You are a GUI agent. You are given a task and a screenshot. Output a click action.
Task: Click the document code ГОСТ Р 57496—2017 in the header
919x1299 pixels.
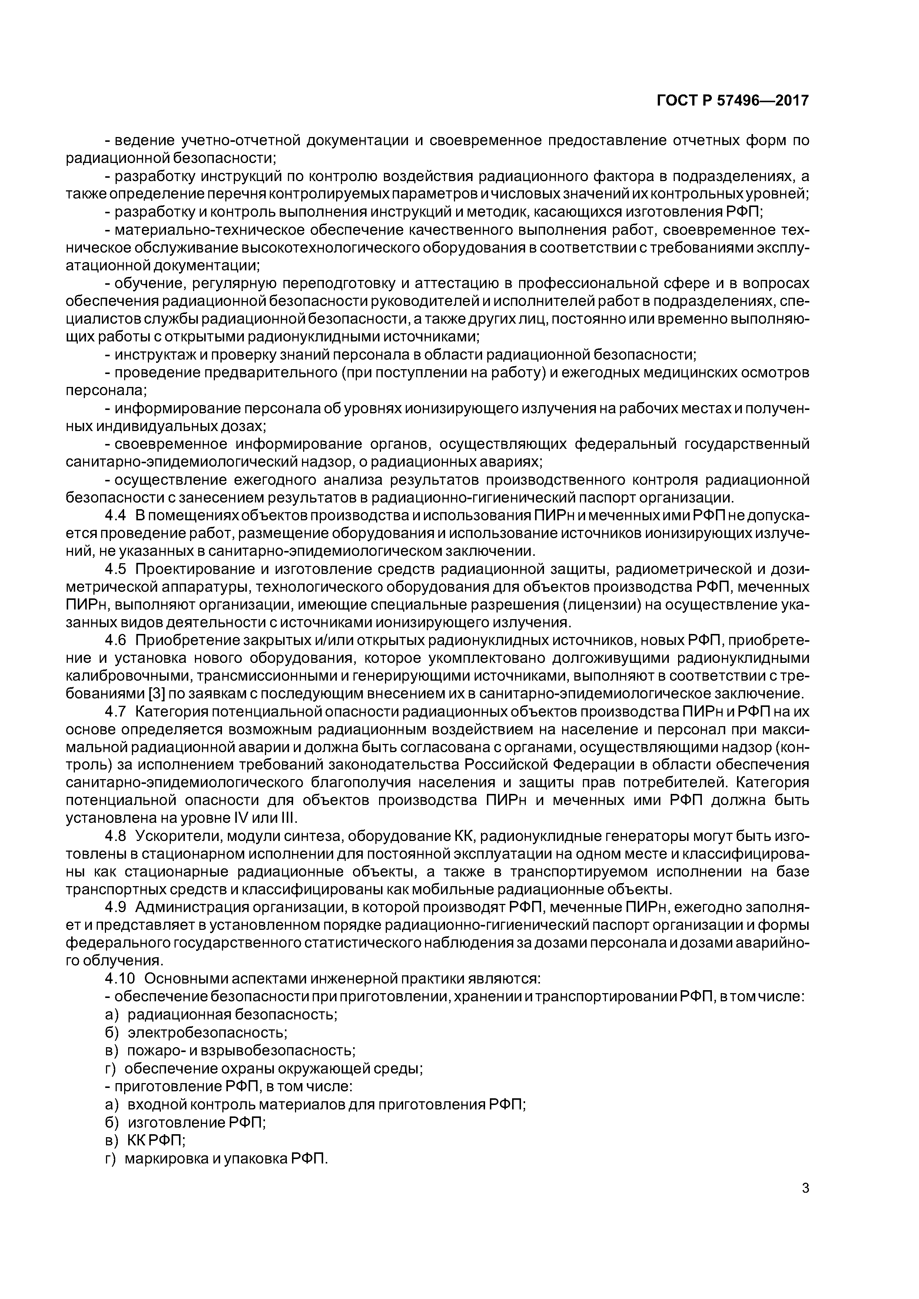(733, 101)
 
